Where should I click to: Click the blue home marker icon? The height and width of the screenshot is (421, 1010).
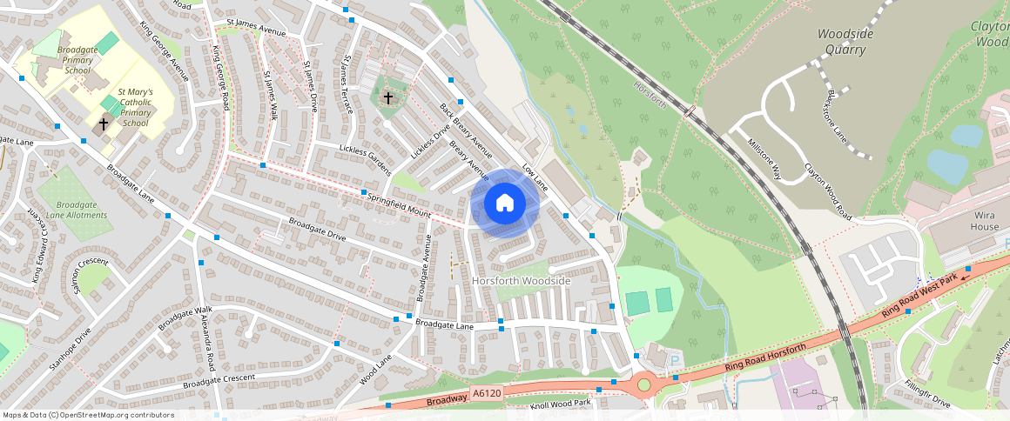[x=505, y=204]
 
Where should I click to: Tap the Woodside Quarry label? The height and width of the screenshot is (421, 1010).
[x=842, y=42]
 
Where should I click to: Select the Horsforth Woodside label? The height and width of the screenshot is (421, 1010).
[x=521, y=281]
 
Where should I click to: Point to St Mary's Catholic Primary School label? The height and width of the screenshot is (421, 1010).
[x=135, y=107]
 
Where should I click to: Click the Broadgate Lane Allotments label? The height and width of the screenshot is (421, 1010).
[x=77, y=210]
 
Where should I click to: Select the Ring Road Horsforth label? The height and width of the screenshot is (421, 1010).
[x=764, y=361]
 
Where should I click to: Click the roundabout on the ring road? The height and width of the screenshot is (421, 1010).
[x=643, y=384]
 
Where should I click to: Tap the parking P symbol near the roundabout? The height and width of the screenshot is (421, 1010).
[x=673, y=360]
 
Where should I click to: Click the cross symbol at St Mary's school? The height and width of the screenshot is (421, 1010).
[x=104, y=124]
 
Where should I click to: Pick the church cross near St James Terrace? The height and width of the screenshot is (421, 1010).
[x=387, y=97]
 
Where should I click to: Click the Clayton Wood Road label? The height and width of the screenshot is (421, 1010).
[x=827, y=190]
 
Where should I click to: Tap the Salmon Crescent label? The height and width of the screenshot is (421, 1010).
[x=90, y=275]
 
